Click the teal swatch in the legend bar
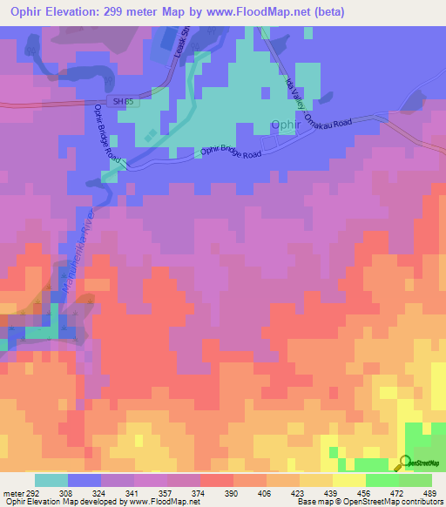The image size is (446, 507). [51, 480]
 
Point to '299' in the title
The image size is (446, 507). [134, 11]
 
